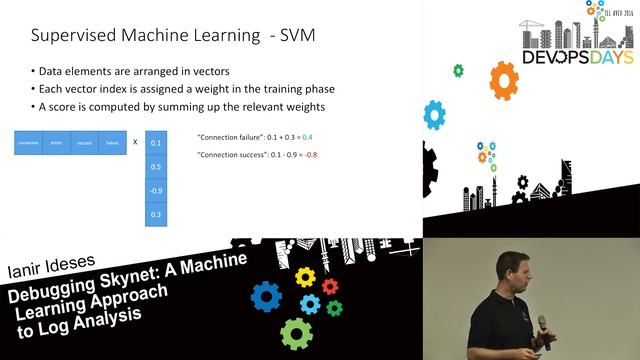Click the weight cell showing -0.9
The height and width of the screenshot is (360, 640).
[x=155, y=190]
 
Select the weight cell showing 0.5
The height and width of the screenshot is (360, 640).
[x=155, y=167]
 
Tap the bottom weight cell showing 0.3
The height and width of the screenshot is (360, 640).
[x=155, y=214]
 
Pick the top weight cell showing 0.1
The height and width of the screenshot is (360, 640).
[x=155, y=143]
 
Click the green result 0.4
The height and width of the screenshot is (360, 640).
[x=307, y=136]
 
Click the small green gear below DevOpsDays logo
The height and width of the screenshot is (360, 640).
[x=458, y=71]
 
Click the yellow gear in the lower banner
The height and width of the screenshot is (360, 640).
[x=305, y=277]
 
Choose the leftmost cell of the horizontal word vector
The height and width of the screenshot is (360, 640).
[x=28, y=143]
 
